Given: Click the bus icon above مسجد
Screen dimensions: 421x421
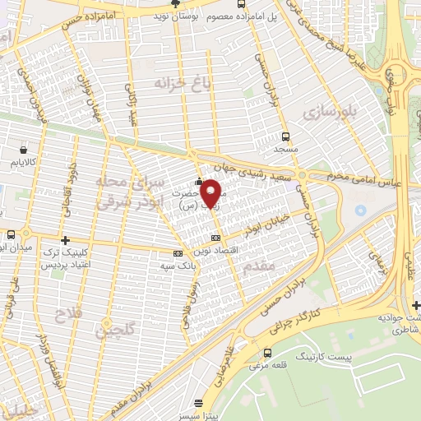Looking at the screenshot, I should point(285,137).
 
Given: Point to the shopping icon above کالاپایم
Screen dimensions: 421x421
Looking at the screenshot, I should point(23,150).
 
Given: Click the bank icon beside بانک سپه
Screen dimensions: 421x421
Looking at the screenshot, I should point(178,253).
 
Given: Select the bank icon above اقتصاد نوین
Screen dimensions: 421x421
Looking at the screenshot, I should point(216,237).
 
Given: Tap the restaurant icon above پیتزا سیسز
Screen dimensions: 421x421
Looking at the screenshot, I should point(197,403).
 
